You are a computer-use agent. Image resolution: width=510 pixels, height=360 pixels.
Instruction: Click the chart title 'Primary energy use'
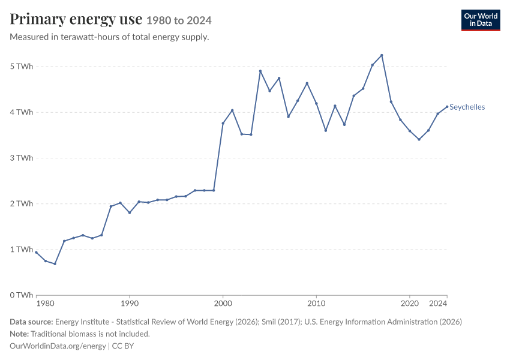click(76, 19)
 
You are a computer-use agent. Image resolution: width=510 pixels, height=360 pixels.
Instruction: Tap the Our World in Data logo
click(481, 20)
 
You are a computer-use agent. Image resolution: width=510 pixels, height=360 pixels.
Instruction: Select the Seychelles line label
click(467, 107)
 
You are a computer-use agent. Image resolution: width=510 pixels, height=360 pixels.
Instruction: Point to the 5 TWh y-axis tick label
click(22, 67)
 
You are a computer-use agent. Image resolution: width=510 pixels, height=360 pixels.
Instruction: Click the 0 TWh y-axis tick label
click(22, 295)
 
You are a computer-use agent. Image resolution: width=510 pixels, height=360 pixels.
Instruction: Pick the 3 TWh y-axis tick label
click(22, 158)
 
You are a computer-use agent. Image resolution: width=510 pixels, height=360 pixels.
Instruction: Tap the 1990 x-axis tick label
click(130, 304)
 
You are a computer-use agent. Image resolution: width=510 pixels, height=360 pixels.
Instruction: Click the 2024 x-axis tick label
click(438, 304)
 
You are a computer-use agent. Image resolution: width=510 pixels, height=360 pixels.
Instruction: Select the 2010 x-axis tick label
click(316, 304)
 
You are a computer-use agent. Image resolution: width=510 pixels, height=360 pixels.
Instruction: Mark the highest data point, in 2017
click(382, 55)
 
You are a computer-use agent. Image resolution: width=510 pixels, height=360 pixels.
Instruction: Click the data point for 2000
click(223, 123)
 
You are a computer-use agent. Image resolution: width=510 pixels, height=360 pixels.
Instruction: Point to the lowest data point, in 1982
click(55, 264)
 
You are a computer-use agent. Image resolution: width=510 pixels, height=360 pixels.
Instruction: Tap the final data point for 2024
click(447, 107)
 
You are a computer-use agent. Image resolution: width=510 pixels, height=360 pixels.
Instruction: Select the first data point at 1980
click(36, 253)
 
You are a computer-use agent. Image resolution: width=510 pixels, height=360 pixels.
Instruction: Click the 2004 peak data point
click(260, 71)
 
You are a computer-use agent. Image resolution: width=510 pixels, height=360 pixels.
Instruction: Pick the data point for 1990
click(130, 212)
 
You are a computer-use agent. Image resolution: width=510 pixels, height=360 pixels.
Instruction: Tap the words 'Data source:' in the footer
click(31, 322)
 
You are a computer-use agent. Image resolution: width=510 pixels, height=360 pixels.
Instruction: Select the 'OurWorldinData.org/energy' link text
click(58, 346)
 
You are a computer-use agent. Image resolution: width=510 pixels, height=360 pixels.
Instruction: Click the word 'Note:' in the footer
click(19, 334)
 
